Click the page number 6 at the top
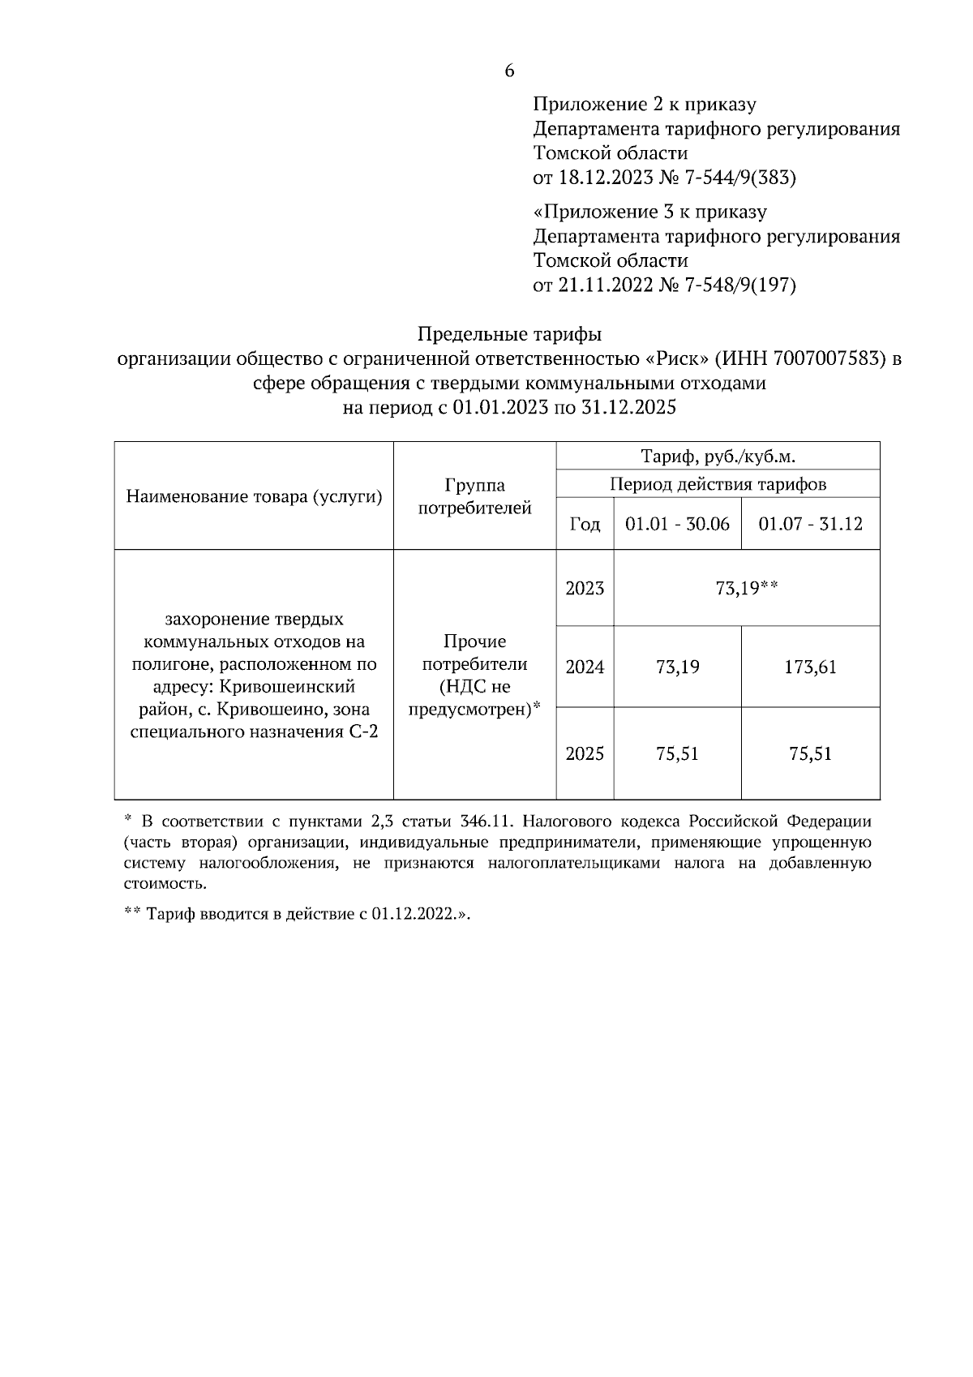[x=509, y=71]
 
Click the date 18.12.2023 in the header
[x=604, y=178]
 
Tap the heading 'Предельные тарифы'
[x=509, y=334]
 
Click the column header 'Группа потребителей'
[x=474, y=496]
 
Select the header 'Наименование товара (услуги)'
[x=254, y=496]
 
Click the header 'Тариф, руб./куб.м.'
[x=718, y=457]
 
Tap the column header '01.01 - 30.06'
[x=677, y=524]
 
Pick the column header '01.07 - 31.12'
[x=810, y=524]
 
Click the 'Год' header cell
[x=585, y=525]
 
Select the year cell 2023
[x=585, y=589]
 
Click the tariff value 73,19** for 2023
[x=746, y=589]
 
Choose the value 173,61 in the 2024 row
[x=810, y=667]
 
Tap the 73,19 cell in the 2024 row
[x=677, y=667]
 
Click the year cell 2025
[x=585, y=754]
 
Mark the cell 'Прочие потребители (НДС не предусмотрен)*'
[x=474, y=676]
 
